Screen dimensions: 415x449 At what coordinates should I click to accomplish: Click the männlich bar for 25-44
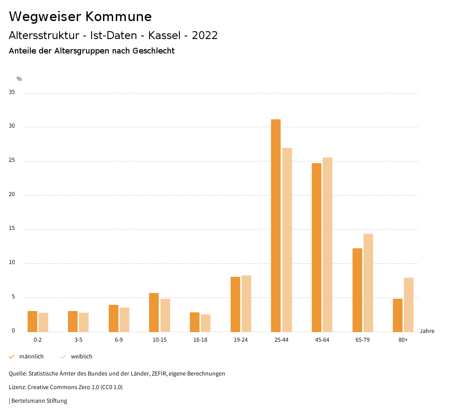point(276,225)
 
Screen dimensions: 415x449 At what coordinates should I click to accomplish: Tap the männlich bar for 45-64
point(317,247)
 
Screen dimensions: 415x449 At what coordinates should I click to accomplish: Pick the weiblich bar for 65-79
point(368,283)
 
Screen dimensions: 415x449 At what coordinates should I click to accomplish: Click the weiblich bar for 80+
point(409,304)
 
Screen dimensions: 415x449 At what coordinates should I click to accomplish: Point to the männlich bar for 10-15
point(154,312)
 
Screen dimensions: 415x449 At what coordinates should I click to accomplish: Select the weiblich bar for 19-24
point(246,304)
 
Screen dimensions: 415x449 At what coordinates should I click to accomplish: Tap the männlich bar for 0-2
point(32,321)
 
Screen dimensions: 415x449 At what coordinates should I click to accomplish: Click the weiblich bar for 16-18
point(206,323)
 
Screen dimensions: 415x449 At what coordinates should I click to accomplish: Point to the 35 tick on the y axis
point(12,93)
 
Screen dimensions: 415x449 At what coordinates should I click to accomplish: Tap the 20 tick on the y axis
point(12,195)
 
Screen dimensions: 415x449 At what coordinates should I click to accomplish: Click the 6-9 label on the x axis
point(119,340)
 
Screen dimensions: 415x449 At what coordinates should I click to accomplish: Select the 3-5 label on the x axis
point(78,340)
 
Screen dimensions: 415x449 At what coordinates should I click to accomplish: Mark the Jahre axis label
point(427,331)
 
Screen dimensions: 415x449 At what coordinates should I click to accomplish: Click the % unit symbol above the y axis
point(19,79)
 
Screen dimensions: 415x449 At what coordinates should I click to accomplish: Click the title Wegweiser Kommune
point(80,16)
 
